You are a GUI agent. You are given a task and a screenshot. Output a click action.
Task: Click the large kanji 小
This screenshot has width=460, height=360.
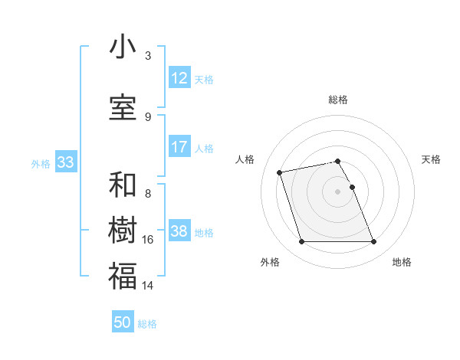123,47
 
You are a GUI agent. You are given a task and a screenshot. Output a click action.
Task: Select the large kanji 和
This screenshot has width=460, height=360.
123,186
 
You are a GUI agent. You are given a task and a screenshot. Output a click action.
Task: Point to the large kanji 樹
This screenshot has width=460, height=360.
123,231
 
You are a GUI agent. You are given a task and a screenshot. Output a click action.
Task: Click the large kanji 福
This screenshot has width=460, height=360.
123,276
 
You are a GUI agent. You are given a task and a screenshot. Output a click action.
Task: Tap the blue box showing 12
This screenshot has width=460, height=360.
179,78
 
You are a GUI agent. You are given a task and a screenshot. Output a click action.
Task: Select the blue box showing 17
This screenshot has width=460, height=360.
179,147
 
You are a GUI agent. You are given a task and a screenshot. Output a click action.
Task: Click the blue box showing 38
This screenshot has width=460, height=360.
179,231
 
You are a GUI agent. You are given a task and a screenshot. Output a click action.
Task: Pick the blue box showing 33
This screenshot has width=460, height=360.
65,162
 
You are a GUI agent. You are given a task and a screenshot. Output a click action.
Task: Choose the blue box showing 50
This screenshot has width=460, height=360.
123,322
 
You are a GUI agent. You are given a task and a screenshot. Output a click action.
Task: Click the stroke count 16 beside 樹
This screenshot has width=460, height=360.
148,240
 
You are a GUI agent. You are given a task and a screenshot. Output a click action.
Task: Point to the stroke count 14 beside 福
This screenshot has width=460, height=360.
148,285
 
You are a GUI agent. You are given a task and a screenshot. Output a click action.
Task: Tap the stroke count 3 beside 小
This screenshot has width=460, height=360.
148,56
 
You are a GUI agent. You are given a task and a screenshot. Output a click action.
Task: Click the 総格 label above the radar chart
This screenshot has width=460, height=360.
338,100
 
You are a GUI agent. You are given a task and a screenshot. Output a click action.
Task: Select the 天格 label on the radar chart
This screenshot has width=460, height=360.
432,159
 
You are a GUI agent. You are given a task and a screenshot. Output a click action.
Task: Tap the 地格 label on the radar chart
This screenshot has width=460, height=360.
402,262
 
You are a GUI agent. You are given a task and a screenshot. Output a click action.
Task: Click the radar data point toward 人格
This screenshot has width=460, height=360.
280,172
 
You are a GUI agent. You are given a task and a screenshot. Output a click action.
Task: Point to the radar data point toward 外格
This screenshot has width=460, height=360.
301,242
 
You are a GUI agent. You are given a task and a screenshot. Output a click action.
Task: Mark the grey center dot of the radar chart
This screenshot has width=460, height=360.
338,191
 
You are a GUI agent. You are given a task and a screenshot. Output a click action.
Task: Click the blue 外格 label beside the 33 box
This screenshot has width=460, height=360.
41,163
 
